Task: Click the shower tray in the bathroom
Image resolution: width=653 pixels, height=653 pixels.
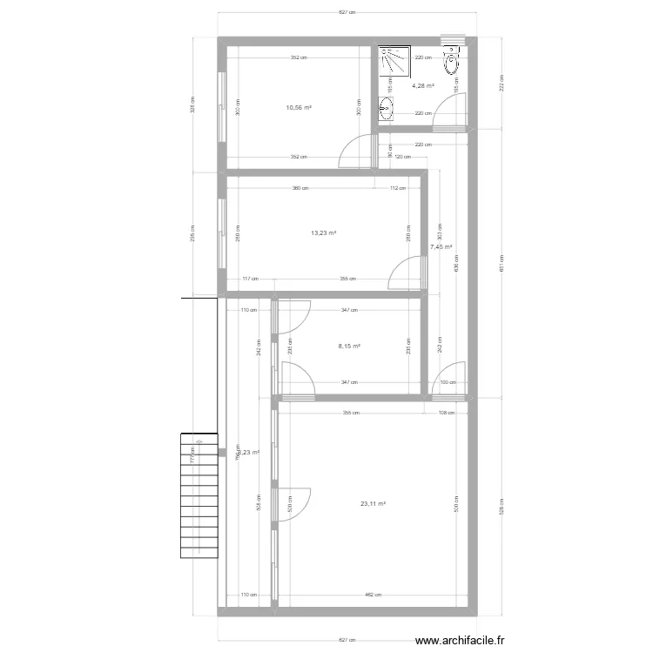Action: click(x=394, y=62)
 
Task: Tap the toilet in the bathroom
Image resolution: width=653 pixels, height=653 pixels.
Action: click(x=450, y=63)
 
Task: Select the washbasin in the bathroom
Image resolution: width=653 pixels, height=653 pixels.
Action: click(x=386, y=110)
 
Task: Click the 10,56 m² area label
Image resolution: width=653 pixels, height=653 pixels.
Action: click(x=299, y=108)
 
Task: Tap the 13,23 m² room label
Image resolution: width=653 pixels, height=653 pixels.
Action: click(x=323, y=232)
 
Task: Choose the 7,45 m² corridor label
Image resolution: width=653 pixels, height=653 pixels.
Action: click(x=441, y=246)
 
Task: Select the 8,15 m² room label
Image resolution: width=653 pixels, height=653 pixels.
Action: click(x=348, y=346)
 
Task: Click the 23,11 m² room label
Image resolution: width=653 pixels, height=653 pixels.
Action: click(x=373, y=503)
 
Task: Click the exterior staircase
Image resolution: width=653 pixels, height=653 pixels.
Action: click(x=199, y=497)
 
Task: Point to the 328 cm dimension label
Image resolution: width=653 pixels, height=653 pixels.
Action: click(x=192, y=104)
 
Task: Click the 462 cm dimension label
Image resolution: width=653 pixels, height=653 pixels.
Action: click(x=372, y=595)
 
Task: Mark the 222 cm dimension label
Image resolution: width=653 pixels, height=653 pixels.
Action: click(x=502, y=84)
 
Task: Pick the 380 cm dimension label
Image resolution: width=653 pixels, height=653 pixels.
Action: click(x=299, y=187)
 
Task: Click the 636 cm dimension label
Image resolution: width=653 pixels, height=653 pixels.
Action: click(x=457, y=268)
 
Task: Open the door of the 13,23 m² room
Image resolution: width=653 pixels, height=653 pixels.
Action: click(x=406, y=274)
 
